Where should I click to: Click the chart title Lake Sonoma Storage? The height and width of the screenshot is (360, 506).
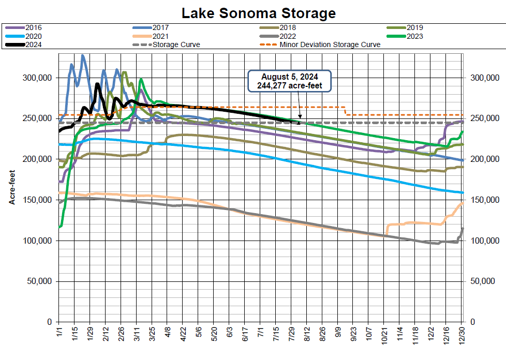click(x=253, y=12)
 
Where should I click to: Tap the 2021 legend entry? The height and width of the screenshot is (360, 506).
click(x=161, y=36)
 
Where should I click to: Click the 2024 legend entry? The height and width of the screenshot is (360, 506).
click(x=33, y=44)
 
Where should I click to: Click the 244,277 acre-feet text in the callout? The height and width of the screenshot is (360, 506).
click(x=289, y=85)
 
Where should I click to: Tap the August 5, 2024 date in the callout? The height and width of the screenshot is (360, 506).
click(x=289, y=77)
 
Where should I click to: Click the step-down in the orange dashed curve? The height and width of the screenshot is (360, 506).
click(x=345, y=111)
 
